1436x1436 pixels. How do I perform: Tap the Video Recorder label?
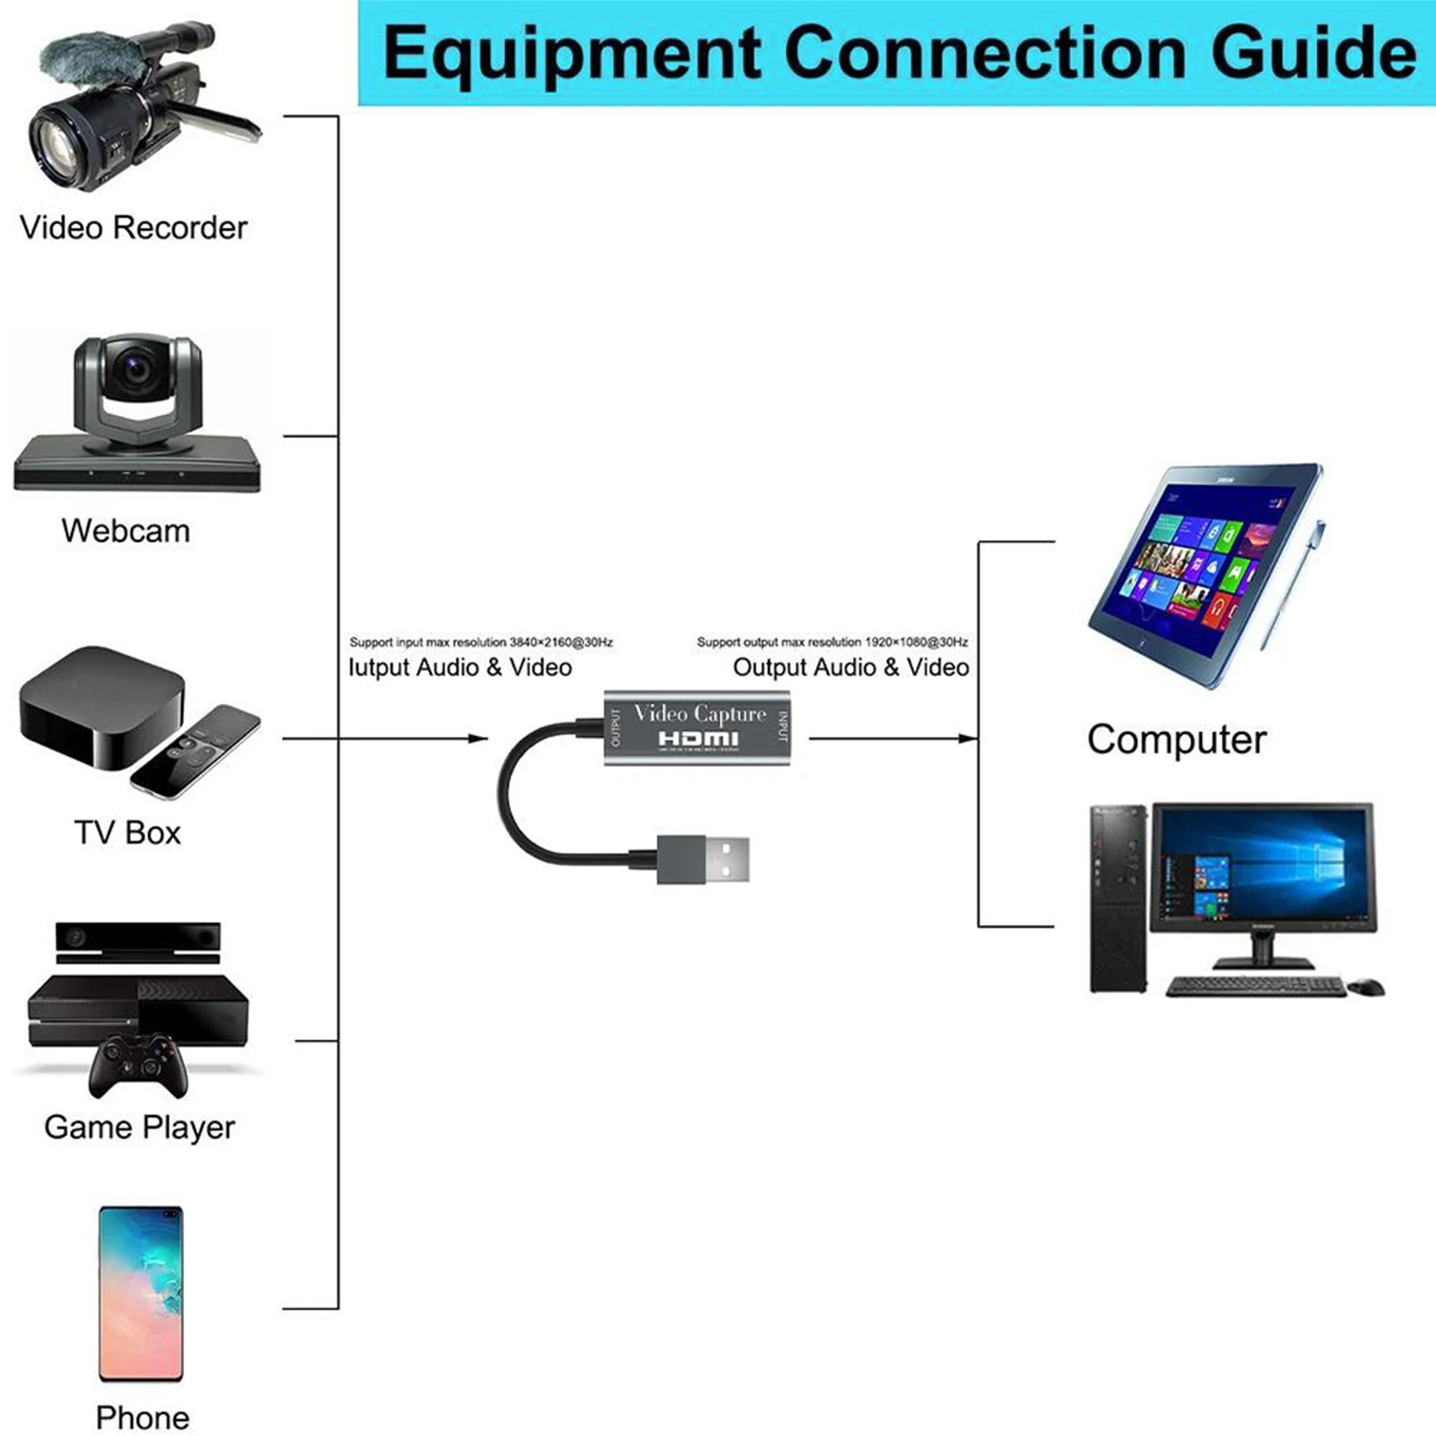133,228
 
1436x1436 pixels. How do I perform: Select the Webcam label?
126,531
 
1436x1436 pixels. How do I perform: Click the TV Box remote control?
195,752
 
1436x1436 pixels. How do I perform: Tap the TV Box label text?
127,833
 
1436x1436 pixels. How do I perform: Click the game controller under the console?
137,1065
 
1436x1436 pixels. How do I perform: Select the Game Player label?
139,1127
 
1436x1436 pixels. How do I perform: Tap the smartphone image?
141,1292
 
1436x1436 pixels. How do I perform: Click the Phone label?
142,1418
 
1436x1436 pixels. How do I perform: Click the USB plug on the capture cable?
704,858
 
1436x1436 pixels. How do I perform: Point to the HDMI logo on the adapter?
699,739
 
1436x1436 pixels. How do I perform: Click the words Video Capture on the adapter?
700,714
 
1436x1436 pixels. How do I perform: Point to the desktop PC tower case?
1118,898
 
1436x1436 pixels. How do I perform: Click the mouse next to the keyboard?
1366,987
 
